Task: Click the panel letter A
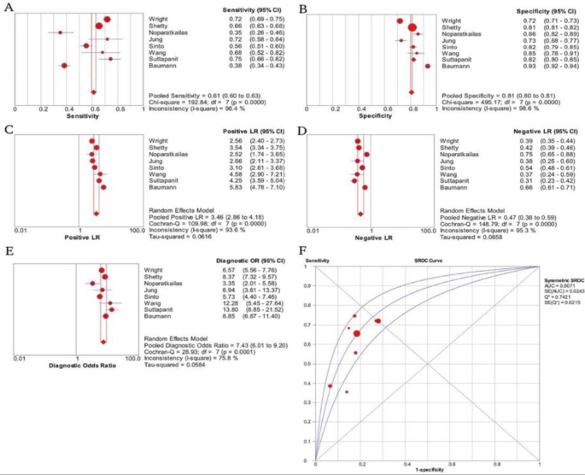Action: point(8,8)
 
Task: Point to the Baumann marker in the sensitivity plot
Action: point(64,65)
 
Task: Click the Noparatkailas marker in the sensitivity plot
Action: point(60,32)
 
